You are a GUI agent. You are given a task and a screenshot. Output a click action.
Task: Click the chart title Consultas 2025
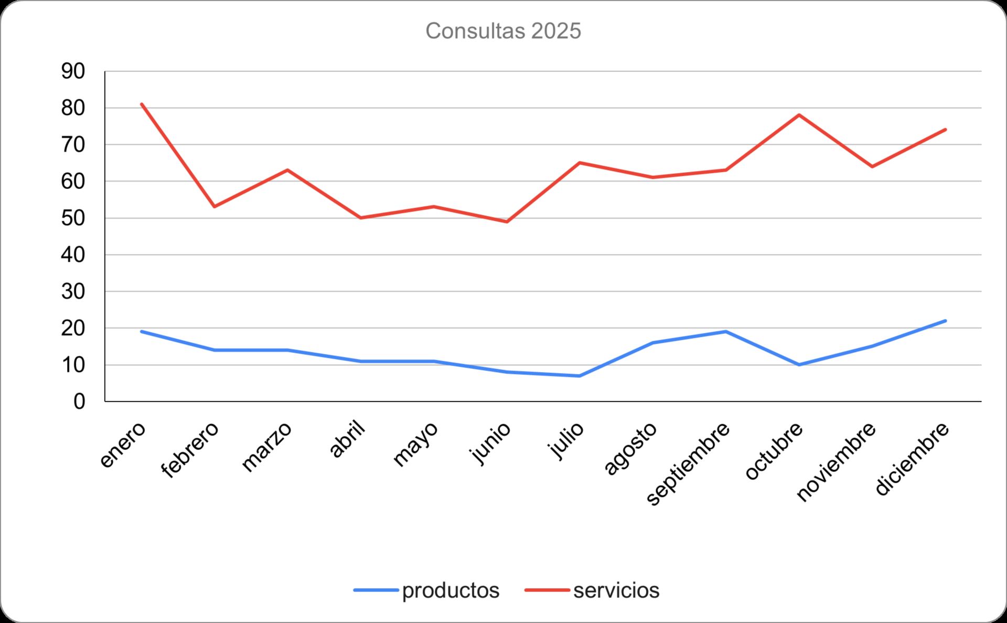pyautogui.click(x=503, y=31)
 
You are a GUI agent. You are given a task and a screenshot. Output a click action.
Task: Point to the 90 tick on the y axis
pyautogui.click(x=73, y=71)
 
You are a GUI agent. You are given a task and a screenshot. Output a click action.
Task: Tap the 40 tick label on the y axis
pyautogui.click(x=73, y=255)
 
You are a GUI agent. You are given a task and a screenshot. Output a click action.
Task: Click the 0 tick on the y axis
pyautogui.click(x=79, y=402)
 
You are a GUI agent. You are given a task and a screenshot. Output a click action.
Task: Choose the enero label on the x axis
pyautogui.click(x=123, y=445)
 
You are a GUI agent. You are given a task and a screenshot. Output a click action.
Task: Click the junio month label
pyautogui.click(x=491, y=443)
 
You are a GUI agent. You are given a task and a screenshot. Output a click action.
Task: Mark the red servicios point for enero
pyautogui.click(x=142, y=104)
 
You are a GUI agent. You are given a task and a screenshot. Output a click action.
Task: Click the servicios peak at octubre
pyautogui.click(x=799, y=114)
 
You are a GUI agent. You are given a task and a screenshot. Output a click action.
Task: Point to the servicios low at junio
pyautogui.click(x=507, y=221)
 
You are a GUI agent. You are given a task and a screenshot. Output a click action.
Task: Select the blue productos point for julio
pyautogui.click(x=580, y=376)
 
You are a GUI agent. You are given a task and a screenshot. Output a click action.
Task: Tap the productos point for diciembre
pyautogui.click(x=945, y=321)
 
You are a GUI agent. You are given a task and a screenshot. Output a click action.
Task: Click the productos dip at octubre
pyautogui.click(x=799, y=365)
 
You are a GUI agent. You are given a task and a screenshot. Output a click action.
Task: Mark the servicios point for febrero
pyautogui.click(x=215, y=206)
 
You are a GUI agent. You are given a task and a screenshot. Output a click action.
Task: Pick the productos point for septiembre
pyautogui.click(x=726, y=332)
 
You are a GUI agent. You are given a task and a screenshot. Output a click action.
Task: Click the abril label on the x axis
pyautogui.click(x=347, y=439)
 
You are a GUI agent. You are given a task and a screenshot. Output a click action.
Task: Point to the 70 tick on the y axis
pyautogui.click(x=73, y=145)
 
